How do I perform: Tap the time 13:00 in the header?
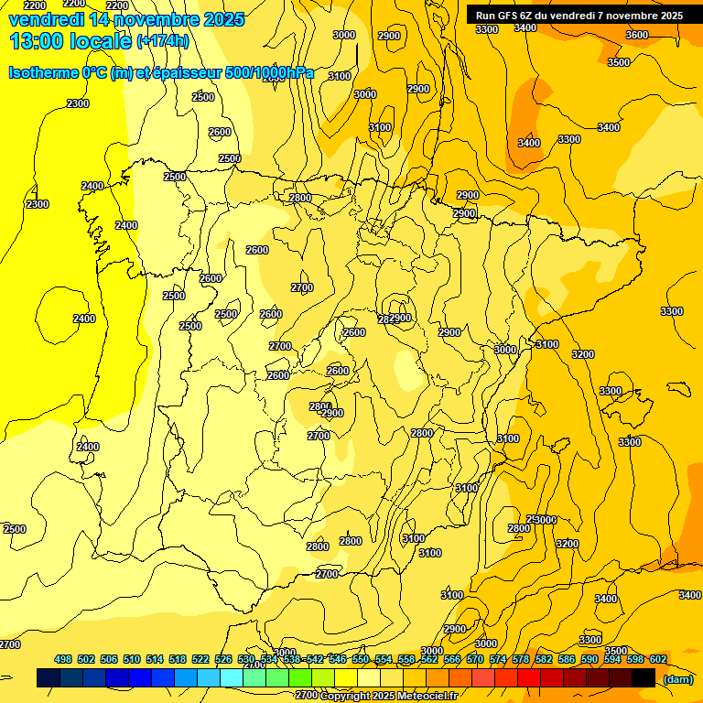tap(38, 41)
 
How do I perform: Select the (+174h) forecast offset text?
tap(162, 41)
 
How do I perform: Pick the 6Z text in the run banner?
tap(535, 15)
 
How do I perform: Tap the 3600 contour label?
tap(636, 35)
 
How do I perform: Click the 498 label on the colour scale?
tap(63, 659)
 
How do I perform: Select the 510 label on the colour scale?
tap(132, 659)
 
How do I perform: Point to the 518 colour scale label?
tap(178, 659)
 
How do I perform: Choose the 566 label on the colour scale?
tap(452, 659)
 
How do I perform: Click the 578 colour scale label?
tap(521, 659)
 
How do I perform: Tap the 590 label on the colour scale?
tap(589, 659)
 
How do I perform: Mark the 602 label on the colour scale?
tap(658, 659)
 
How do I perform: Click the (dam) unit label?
tap(678, 678)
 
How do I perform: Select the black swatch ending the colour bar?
tap(644, 677)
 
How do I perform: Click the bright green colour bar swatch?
tap(300, 677)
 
